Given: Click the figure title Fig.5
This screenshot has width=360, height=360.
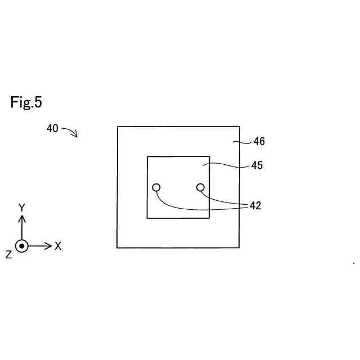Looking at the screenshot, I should [x=26, y=102].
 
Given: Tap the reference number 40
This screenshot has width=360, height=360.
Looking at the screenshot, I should [x=52, y=128].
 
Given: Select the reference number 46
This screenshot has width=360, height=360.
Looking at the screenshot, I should [x=259, y=142].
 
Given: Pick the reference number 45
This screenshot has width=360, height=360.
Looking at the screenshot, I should [x=256, y=166].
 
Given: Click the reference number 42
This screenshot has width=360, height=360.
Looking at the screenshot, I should [x=255, y=206].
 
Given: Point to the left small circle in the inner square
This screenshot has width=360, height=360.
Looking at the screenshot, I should [x=156, y=187].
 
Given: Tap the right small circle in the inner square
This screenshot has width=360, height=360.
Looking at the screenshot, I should [x=200, y=187].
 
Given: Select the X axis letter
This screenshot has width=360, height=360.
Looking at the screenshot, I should [x=58, y=246].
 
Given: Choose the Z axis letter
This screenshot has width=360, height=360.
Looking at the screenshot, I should [x=8, y=255].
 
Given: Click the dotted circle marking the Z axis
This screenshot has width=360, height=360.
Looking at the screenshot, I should [x=22, y=246].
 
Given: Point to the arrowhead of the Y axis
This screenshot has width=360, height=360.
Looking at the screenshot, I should [x=22, y=217].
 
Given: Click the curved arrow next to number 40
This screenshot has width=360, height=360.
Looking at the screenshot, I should [x=70, y=132].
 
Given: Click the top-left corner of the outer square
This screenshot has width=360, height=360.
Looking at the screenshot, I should [x=118, y=127].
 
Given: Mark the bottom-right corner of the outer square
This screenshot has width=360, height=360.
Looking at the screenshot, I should [x=240, y=247].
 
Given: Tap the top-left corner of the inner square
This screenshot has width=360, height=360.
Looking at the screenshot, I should [x=147, y=156].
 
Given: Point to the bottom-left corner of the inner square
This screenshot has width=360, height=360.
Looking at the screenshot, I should [x=147, y=218].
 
